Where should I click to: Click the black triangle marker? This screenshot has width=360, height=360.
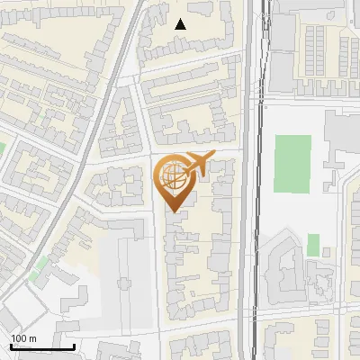(181, 24)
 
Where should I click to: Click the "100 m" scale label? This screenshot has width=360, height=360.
(23, 338)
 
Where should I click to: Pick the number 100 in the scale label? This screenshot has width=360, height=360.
(19, 338)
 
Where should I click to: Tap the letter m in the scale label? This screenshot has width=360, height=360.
(32, 338)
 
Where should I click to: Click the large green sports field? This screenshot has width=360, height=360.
(292, 163)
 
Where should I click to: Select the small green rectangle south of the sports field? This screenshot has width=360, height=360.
(313, 244)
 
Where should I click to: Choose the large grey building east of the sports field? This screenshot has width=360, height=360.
(340, 135)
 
